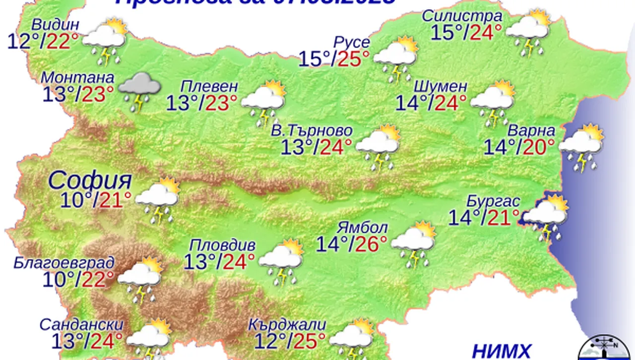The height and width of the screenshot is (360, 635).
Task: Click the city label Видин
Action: pos(55,24)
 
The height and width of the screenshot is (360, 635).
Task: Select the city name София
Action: pos(90,180)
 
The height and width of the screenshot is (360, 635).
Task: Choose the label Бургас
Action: pos(493,202)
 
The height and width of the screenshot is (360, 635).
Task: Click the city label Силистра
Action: pos(462,16)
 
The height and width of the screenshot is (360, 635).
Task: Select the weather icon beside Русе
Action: pos(395,58)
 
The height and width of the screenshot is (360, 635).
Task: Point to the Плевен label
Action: pos(205,86)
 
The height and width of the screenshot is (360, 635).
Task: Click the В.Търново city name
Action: pos(312,130)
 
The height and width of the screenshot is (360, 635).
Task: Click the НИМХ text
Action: pos(501,350)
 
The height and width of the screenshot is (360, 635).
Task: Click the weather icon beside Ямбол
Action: pos(414,244)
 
